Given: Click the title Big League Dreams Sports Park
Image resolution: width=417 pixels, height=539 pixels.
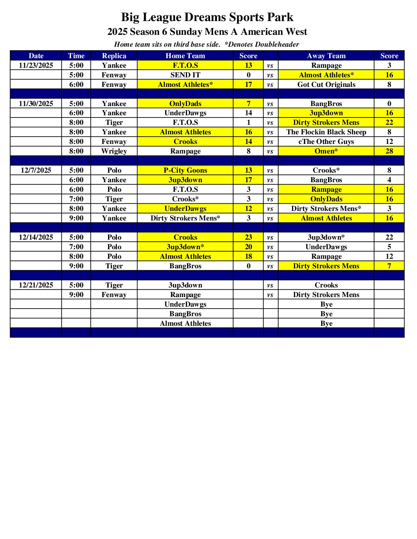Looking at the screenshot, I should pyautogui.click(x=207, y=17).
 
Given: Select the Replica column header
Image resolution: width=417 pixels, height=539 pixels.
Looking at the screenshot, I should pyautogui.click(x=114, y=56).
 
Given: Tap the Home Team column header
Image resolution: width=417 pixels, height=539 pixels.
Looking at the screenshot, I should pyautogui.click(x=185, y=56).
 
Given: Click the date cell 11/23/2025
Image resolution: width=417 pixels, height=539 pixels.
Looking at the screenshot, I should pyautogui.click(x=36, y=65).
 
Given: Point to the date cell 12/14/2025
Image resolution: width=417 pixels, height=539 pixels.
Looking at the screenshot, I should pyautogui.click(x=36, y=237).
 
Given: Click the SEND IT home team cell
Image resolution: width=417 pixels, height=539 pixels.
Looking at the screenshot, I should pyautogui.click(x=185, y=75).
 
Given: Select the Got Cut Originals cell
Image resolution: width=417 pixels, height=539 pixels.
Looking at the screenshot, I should pyautogui.click(x=326, y=85).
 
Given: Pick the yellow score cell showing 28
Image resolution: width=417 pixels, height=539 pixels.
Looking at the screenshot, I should pyautogui.click(x=389, y=151).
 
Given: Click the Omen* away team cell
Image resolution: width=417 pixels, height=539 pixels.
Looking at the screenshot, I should pyautogui.click(x=326, y=151).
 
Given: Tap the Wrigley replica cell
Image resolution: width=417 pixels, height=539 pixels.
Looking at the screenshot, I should pyautogui.click(x=114, y=151).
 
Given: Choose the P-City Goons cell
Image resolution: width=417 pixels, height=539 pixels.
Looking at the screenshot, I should pyautogui.click(x=185, y=170).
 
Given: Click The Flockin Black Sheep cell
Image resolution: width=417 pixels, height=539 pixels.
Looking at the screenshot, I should pyautogui.click(x=326, y=132).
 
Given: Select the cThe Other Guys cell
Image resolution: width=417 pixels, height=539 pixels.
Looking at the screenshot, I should pyautogui.click(x=326, y=142).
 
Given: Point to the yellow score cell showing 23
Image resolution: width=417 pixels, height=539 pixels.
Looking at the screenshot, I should pyautogui.click(x=248, y=237).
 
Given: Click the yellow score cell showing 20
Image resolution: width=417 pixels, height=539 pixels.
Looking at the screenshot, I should pyautogui.click(x=248, y=247).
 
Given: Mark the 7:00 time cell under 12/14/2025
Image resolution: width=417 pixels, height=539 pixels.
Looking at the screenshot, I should pyautogui.click(x=76, y=247).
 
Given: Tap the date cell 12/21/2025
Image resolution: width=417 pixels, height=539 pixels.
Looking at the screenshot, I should pyautogui.click(x=36, y=285).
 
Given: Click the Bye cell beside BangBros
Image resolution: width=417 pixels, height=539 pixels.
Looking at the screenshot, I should pyautogui.click(x=326, y=314).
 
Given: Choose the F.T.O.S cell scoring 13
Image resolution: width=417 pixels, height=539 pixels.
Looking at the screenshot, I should pyautogui.click(x=185, y=65).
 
